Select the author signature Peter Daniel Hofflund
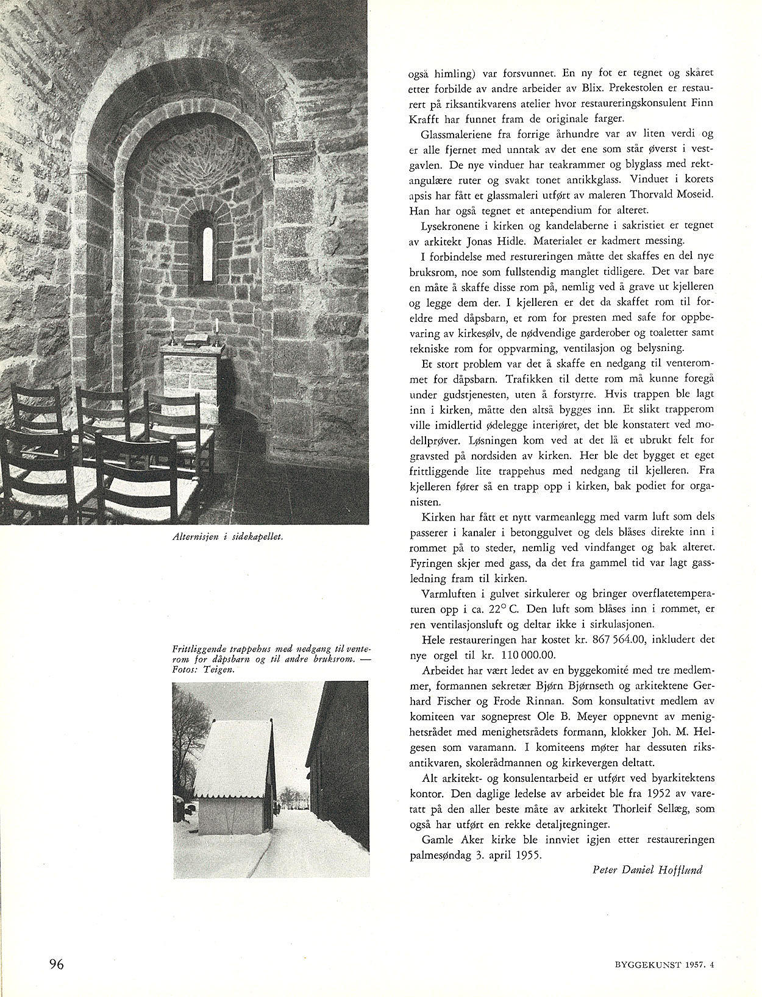[647, 870]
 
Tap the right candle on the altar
[216, 330]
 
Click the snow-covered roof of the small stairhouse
[235, 750]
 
